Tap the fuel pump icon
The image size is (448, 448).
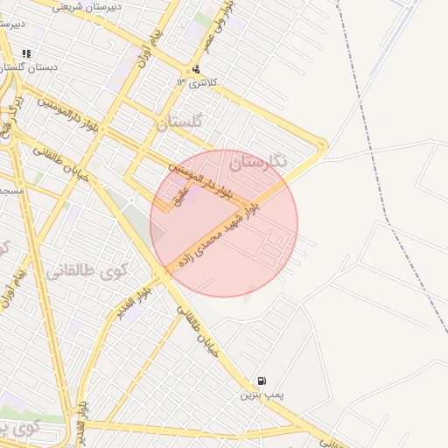[262, 381]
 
